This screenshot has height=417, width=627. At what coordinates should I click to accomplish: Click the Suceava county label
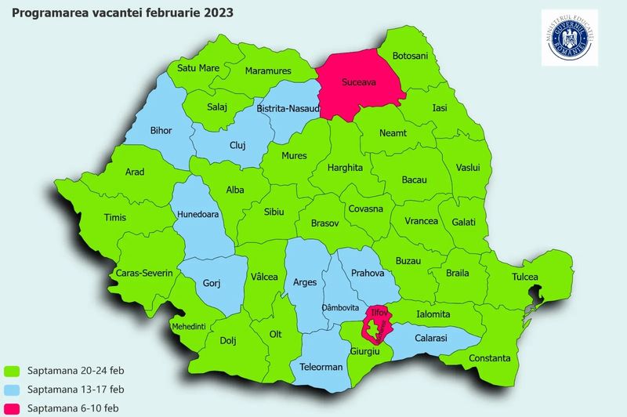click(x=360, y=81)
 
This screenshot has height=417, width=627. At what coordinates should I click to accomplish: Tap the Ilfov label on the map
click(x=379, y=312)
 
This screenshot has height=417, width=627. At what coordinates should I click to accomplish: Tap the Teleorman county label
click(x=322, y=367)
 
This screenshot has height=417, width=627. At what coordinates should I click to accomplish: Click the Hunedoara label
click(x=198, y=213)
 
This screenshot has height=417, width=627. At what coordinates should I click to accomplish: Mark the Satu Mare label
click(x=198, y=68)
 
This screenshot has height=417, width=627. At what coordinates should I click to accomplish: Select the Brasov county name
click(x=324, y=223)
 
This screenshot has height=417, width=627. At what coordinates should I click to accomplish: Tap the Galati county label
click(x=463, y=223)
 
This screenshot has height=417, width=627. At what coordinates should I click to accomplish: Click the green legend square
click(x=12, y=370)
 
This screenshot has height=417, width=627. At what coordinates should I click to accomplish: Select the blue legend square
click(x=12, y=390)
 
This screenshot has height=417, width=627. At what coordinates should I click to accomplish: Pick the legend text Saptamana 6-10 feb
click(x=73, y=408)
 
